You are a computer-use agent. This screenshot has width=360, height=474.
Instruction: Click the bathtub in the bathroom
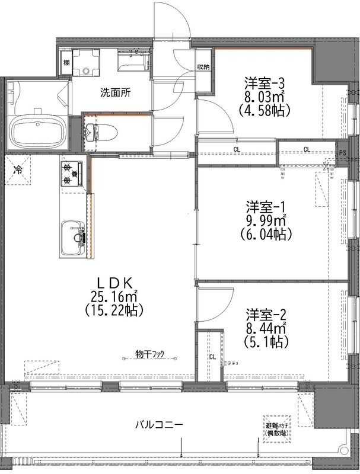point(37,131)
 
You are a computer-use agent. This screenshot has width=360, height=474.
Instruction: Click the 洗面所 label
point(115,92)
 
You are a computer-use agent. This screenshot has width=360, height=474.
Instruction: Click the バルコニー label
point(159,424)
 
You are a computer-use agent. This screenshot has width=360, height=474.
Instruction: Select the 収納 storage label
point(203,67)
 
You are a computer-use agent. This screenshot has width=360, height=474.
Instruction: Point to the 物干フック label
point(149,354)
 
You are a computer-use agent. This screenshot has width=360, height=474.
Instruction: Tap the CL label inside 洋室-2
point(212,357)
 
